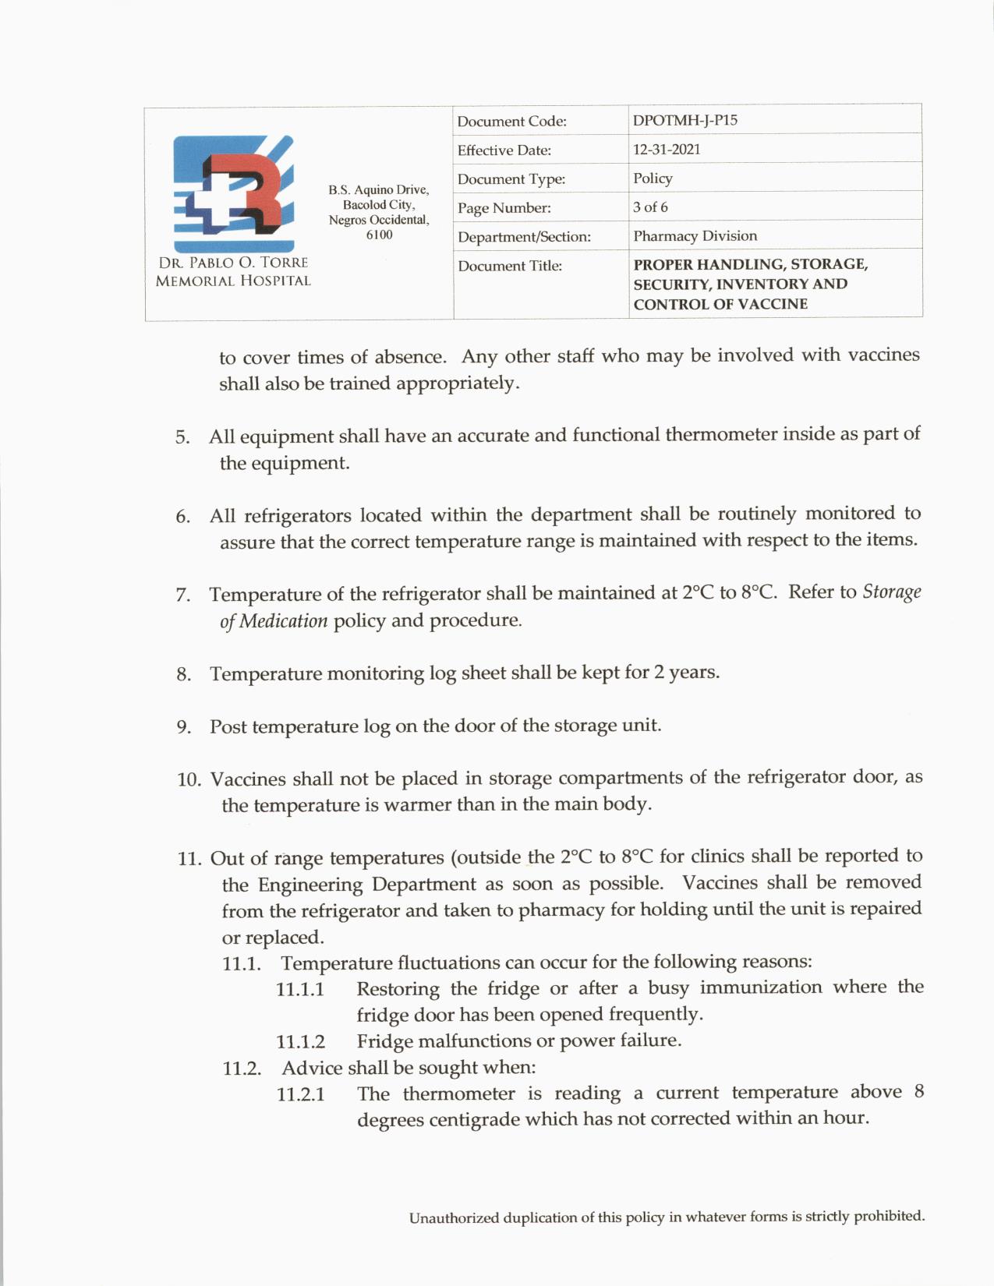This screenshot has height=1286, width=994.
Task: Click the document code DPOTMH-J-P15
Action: click(x=685, y=121)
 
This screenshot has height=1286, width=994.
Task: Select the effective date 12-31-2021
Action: click(x=667, y=150)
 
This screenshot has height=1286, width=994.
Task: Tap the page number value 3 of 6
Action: click(x=650, y=207)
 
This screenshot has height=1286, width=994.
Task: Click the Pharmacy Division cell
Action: click(x=695, y=236)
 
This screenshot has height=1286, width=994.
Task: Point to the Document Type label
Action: click(x=511, y=179)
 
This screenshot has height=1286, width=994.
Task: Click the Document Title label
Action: click(x=510, y=266)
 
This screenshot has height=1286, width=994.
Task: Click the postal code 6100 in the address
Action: click(x=379, y=235)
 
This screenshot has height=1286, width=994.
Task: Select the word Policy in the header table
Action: click(x=653, y=178)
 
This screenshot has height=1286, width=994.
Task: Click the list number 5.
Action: click(x=182, y=437)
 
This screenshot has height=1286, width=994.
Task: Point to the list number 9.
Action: click(x=183, y=727)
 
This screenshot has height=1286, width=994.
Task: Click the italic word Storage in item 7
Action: click(x=892, y=592)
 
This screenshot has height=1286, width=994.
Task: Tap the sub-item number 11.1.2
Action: click(x=300, y=1042)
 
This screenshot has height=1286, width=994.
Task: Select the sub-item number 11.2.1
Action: click(x=300, y=1094)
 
